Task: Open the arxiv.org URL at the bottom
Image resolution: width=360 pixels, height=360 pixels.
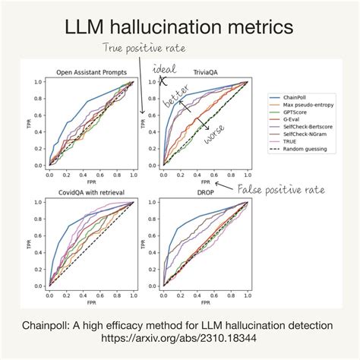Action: pyautogui.click(x=179, y=339)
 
